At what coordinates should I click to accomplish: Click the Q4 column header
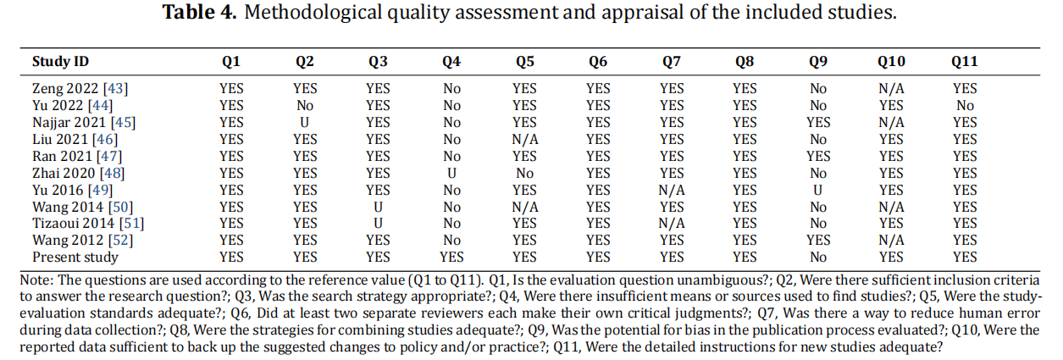[x=451, y=62]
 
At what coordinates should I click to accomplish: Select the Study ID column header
[x=60, y=62]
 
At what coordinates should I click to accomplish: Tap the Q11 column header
[x=965, y=62]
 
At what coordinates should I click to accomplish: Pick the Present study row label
[x=75, y=257]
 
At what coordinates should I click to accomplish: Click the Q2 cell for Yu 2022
[x=305, y=106]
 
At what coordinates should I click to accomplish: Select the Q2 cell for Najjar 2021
[x=305, y=122]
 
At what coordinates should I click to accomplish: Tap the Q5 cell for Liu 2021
[x=525, y=140]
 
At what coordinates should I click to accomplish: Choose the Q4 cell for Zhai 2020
[x=451, y=173]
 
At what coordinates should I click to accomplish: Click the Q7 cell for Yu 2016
[x=672, y=191]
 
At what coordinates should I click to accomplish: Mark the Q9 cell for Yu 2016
[x=817, y=191]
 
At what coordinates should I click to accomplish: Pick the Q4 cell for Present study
[x=451, y=257]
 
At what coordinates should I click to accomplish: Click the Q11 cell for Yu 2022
[x=965, y=106]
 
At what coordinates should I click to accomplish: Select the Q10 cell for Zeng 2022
[x=891, y=89]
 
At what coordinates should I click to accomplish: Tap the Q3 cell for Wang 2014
[x=379, y=208]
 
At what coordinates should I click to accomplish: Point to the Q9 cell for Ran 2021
[x=818, y=157]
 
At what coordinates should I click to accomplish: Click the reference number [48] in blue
[x=112, y=173]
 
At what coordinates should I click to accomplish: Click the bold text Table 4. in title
[x=199, y=12]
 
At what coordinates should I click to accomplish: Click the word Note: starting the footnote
[x=36, y=280]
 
